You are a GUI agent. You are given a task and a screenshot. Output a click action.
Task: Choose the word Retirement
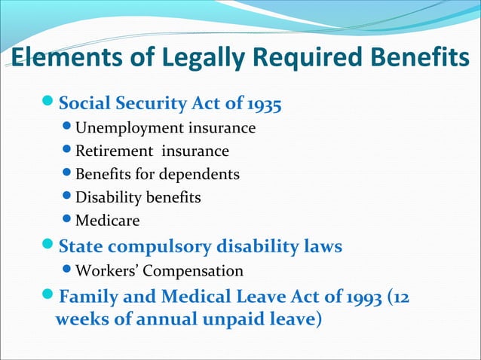112,151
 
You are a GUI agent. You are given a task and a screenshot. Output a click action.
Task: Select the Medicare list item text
107,221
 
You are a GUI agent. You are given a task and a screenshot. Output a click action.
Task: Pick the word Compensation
199,270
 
